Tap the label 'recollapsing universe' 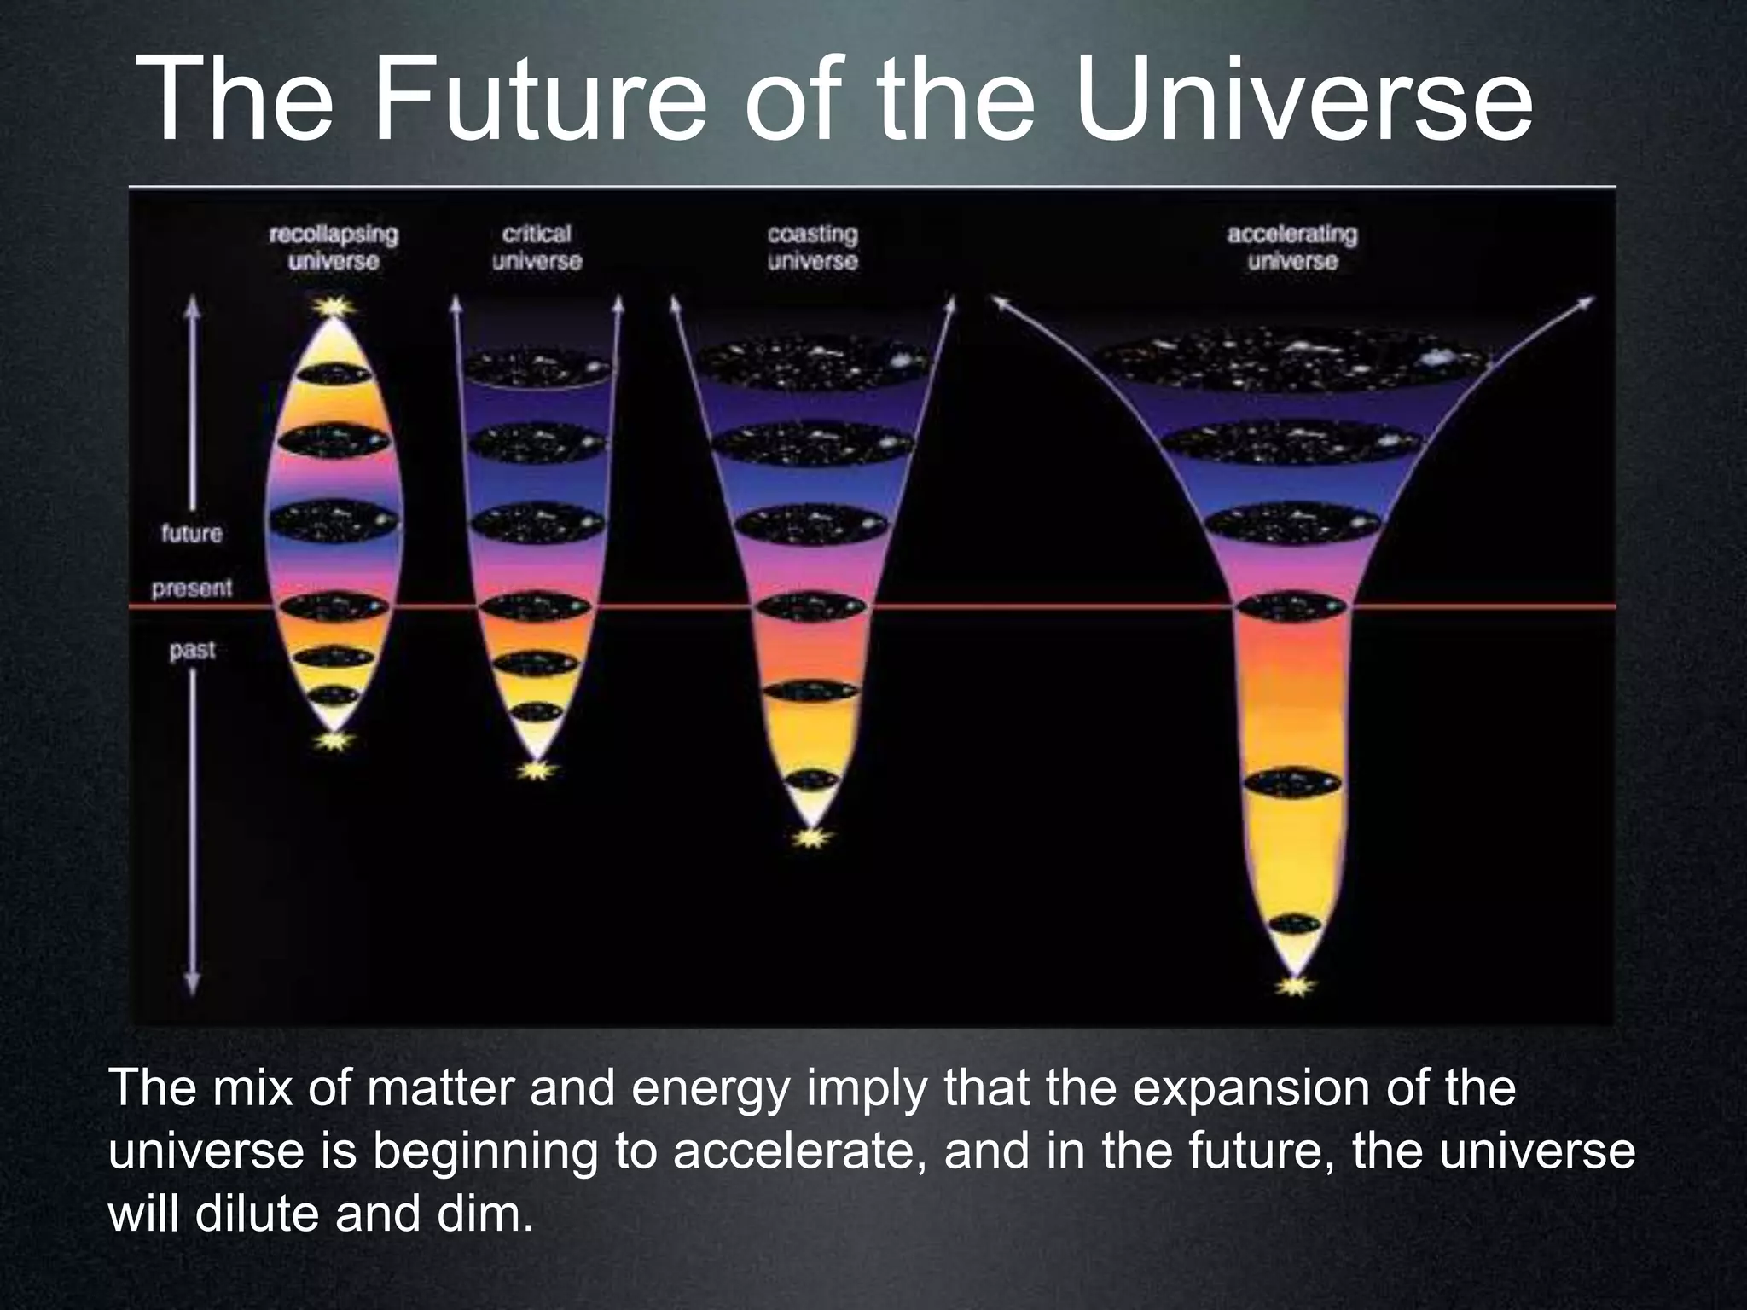tap(334, 247)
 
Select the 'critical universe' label tap(537, 247)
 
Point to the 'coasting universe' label tap(812, 247)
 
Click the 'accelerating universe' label tap(1291, 247)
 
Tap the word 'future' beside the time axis tap(192, 534)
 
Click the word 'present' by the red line tap(192, 588)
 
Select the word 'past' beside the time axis tap(192, 651)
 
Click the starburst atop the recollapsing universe tap(334, 305)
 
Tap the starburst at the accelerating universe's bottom tap(1295, 987)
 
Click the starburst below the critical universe tap(536, 771)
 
